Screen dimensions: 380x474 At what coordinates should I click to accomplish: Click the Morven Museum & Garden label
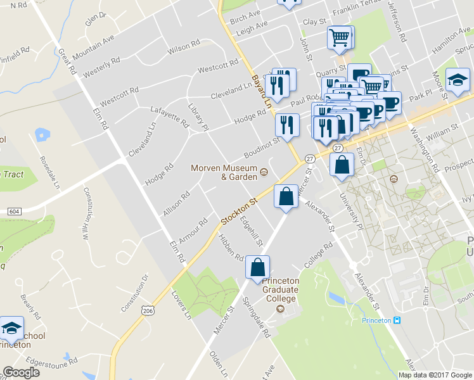coord(224,172)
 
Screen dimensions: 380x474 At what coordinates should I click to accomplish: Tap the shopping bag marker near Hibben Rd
coord(258,268)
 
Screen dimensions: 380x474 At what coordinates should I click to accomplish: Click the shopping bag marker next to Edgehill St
coord(286,197)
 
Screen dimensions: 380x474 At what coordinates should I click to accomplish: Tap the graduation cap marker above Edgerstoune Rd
coord(11,329)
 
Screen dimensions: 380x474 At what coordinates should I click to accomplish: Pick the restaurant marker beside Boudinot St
coord(288,125)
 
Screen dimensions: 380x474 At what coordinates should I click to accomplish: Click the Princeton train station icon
coord(397,320)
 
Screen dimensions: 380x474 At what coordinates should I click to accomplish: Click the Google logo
coord(21,372)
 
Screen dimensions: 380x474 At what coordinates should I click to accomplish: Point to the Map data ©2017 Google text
coord(435,375)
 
